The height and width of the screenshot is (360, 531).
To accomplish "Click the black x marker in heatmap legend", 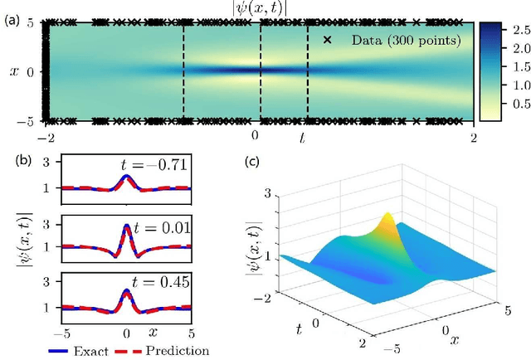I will click(x=327, y=39).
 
